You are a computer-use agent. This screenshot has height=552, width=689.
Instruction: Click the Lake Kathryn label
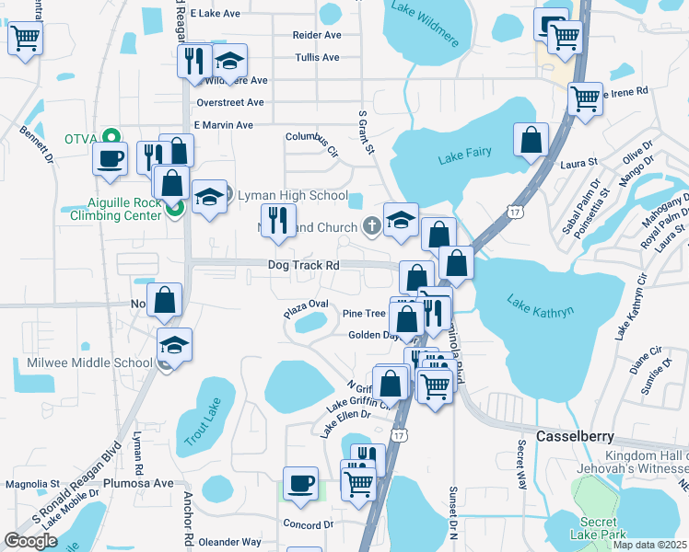click(x=541, y=305)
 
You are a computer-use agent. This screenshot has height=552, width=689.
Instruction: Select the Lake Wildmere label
click(x=423, y=11)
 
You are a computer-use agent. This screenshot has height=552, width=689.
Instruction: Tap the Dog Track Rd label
click(x=304, y=265)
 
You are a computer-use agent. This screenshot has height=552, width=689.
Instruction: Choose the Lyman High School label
click(x=293, y=196)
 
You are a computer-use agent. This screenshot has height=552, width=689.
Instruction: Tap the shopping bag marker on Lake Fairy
click(x=531, y=141)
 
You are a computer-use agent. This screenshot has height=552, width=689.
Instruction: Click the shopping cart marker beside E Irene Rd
click(x=585, y=98)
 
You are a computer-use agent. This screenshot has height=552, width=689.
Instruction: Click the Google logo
click(x=31, y=541)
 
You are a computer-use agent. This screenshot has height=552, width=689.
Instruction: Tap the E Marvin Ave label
click(x=223, y=125)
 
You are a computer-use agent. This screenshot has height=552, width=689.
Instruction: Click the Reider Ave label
click(x=317, y=35)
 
